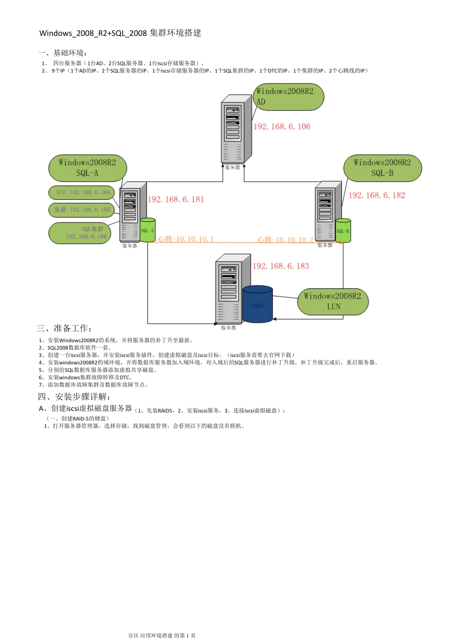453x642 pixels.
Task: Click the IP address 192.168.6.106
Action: click(282, 127)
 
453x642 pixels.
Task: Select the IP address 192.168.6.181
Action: click(176, 200)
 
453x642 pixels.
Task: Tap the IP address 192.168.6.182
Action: click(377, 195)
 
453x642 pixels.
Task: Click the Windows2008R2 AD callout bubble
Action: click(288, 97)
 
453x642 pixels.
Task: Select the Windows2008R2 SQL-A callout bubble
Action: click(88, 168)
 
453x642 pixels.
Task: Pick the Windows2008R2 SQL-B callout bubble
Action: click(382, 168)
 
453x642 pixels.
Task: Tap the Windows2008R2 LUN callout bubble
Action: click(333, 301)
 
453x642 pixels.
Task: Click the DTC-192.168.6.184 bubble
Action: click(82, 193)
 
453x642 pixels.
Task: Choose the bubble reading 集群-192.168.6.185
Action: click(82, 210)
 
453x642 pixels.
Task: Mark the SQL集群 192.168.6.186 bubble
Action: click(80, 233)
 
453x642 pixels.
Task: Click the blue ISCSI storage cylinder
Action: click(257, 304)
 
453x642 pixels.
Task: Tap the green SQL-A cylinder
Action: click(147, 230)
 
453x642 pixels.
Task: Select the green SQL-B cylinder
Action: click(343, 231)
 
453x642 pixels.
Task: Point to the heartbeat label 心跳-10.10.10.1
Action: click(186, 239)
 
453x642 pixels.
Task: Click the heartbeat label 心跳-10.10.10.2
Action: click(285, 240)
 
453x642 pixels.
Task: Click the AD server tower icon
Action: click(236, 129)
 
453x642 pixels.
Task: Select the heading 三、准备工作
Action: click(64, 328)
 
